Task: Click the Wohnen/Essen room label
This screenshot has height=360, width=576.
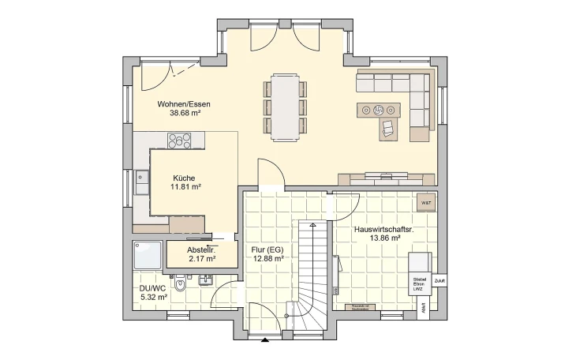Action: click(184, 103)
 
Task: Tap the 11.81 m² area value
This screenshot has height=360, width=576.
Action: click(186, 187)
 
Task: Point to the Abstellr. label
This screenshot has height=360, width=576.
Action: click(200, 249)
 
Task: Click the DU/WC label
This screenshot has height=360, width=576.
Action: click(153, 287)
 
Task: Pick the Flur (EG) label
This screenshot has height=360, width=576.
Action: click(267, 249)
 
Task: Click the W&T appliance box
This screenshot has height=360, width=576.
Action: click(426, 203)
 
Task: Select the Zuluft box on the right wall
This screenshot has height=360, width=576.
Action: click(439, 280)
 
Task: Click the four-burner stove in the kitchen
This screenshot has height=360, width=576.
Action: click(179, 141)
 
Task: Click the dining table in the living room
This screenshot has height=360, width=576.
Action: click(286, 107)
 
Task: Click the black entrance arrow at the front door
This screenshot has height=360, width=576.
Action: click(264, 340)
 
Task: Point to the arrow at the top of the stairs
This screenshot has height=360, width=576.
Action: click(313, 226)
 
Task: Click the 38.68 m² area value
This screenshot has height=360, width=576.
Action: click(184, 113)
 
